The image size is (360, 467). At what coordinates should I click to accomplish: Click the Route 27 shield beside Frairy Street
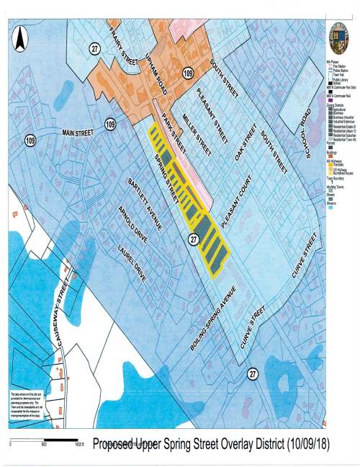(95, 48)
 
